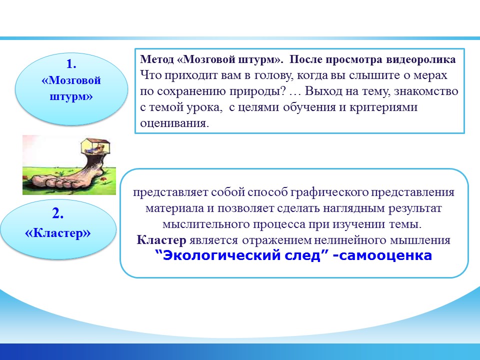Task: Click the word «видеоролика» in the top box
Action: pyautogui.click(x=420, y=59)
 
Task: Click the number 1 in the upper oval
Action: pyautogui.click(x=70, y=64)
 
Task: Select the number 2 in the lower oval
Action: pyautogui.click(x=56, y=213)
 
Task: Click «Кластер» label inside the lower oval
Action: pyautogui.click(x=58, y=233)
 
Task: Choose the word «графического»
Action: pyautogui.click(x=329, y=192)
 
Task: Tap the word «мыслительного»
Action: pyautogui.click(x=205, y=224)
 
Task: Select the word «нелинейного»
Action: pyautogui.click(x=350, y=240)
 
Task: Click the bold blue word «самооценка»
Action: pyautogui.click(x=385, y=255)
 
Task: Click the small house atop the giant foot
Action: pyautogui.click(x=95, y=146)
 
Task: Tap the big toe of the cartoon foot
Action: pyautogui.click(x=38, y=181)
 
